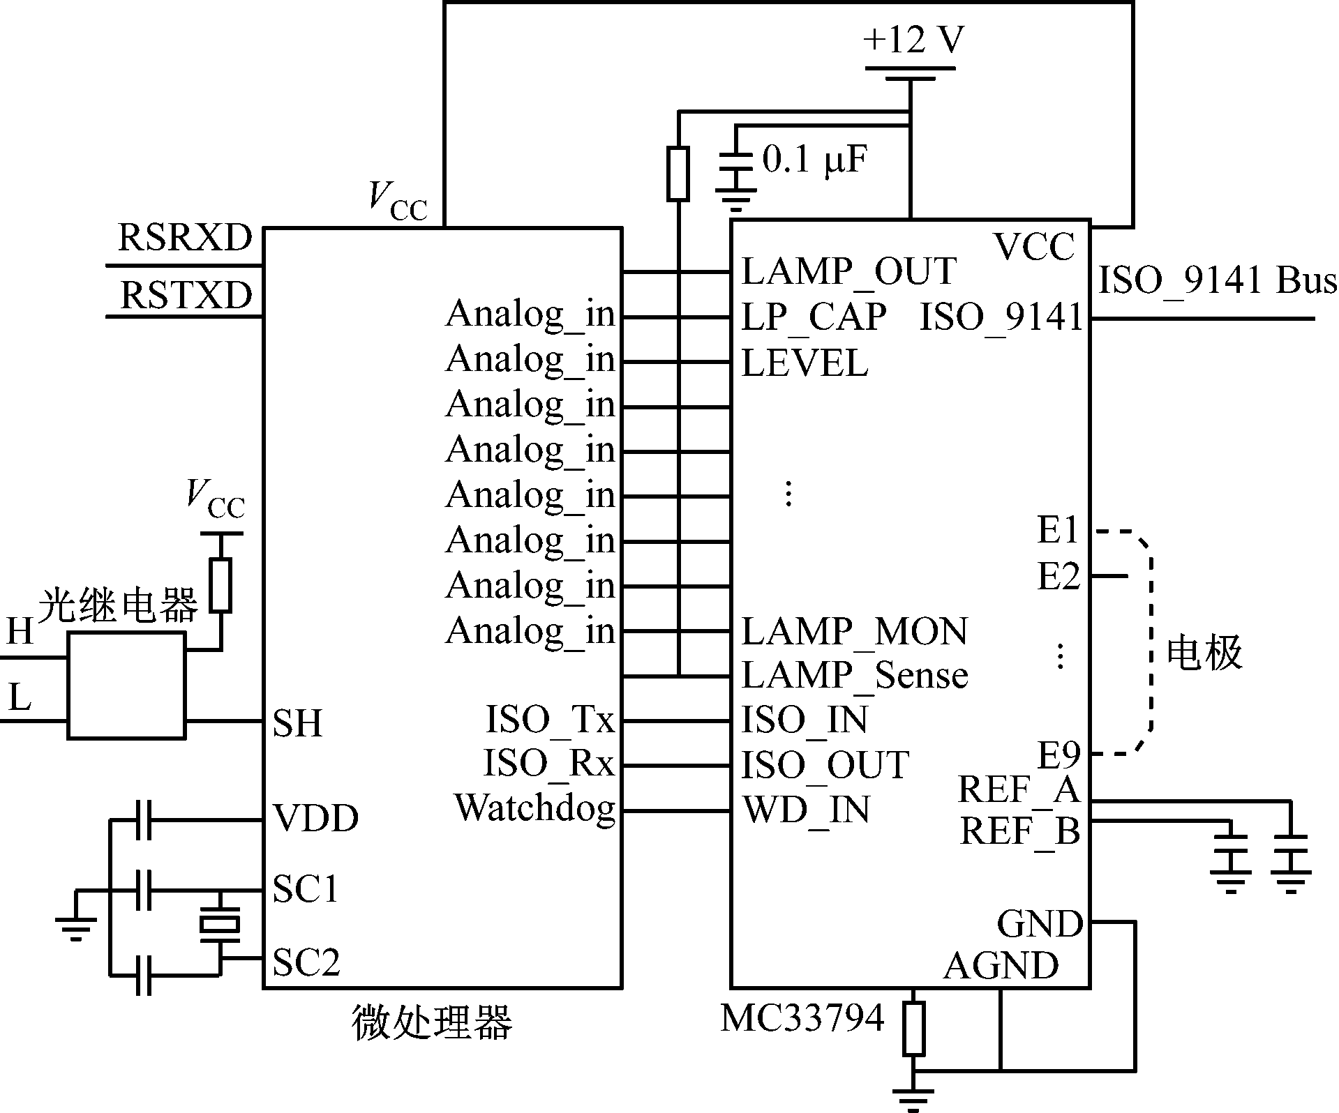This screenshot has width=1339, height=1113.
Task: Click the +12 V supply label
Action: coord(913,40)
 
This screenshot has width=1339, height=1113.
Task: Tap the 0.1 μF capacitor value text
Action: coord(815,160)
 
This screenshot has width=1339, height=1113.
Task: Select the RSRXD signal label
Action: coord(185,238)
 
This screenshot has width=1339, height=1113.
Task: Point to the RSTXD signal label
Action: coord(186,295)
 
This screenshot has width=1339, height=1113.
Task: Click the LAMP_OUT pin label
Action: coord(848,272)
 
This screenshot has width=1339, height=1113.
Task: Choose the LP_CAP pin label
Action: coord(814,317)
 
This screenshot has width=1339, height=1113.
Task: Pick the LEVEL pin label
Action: coord(805,363)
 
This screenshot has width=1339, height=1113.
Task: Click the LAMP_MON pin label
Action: coord(855,632)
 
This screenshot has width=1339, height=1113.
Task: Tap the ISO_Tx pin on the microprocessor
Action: coord(550,720)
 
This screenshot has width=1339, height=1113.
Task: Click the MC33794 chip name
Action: coord(802,1019)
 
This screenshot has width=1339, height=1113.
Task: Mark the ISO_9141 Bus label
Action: coord(1218,280)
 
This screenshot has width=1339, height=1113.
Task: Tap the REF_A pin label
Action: coord(1019,790)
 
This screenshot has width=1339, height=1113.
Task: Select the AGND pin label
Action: coord(1001,967)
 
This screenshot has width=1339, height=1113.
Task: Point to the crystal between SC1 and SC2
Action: coord(220,925)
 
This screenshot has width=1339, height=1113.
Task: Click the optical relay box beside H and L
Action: coord(126,686)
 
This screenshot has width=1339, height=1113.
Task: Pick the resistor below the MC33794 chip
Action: coord(913,1029)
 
